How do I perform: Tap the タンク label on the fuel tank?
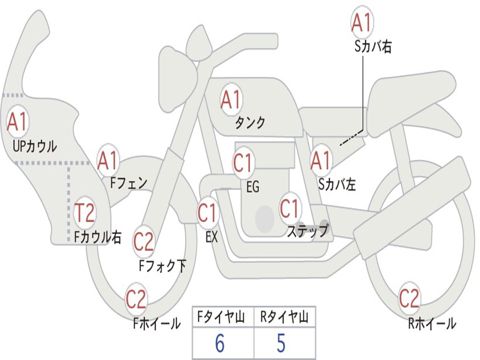coord(250,123)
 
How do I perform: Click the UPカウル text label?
coord(35,146)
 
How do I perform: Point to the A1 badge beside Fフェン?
coord(107,161)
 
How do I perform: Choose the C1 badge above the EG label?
coord(243,163)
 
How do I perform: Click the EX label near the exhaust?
coord(211,237)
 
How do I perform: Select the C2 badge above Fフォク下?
coord(143,242)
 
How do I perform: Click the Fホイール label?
coord(157,323)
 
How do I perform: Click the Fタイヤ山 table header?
coord(221,317)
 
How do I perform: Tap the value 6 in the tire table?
coord(220,343)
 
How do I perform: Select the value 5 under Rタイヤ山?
coord(281,343)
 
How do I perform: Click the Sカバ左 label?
coord(337,185)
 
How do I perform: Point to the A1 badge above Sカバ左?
coord(321,161)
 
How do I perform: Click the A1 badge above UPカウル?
coord(17,121)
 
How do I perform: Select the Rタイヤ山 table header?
coord(284,317)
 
